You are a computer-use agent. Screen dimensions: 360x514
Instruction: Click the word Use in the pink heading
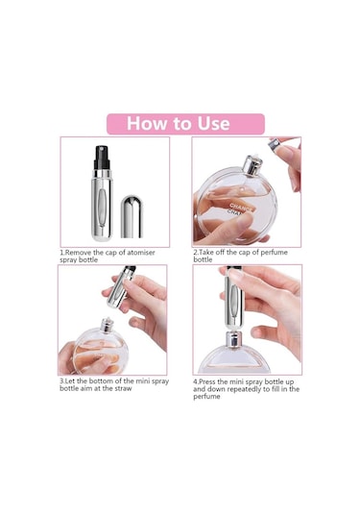coord(213,124)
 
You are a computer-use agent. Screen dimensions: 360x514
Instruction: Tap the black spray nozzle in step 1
coord(102,158)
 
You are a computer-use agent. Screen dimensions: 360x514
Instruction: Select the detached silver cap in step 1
coord(132,217)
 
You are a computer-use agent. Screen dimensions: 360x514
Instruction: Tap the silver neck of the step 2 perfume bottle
coord(252,166)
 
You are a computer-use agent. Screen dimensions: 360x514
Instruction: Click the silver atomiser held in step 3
coord(121,287)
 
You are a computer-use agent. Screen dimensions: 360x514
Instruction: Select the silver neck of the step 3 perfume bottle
coord(107,325)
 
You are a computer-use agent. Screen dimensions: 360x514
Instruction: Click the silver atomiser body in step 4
coord(234,299)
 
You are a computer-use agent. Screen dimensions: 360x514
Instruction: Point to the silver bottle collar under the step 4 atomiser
coord(233,340)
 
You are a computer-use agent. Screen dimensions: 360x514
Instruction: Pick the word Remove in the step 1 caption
coord(79,253)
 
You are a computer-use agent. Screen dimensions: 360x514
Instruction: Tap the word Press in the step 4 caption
coord(207,381)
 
